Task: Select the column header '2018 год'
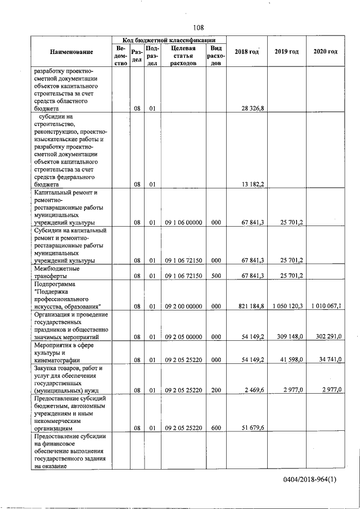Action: click(246, 52)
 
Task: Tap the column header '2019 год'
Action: click(286, 52)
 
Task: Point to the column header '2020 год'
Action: click(325, 52)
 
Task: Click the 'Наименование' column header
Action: click(71, 52)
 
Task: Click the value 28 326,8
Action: click(253, 108)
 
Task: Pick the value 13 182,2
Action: click(253, 184)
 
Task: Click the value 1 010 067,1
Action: click(326, 306)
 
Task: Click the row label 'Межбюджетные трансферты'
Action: click(57, 272)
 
